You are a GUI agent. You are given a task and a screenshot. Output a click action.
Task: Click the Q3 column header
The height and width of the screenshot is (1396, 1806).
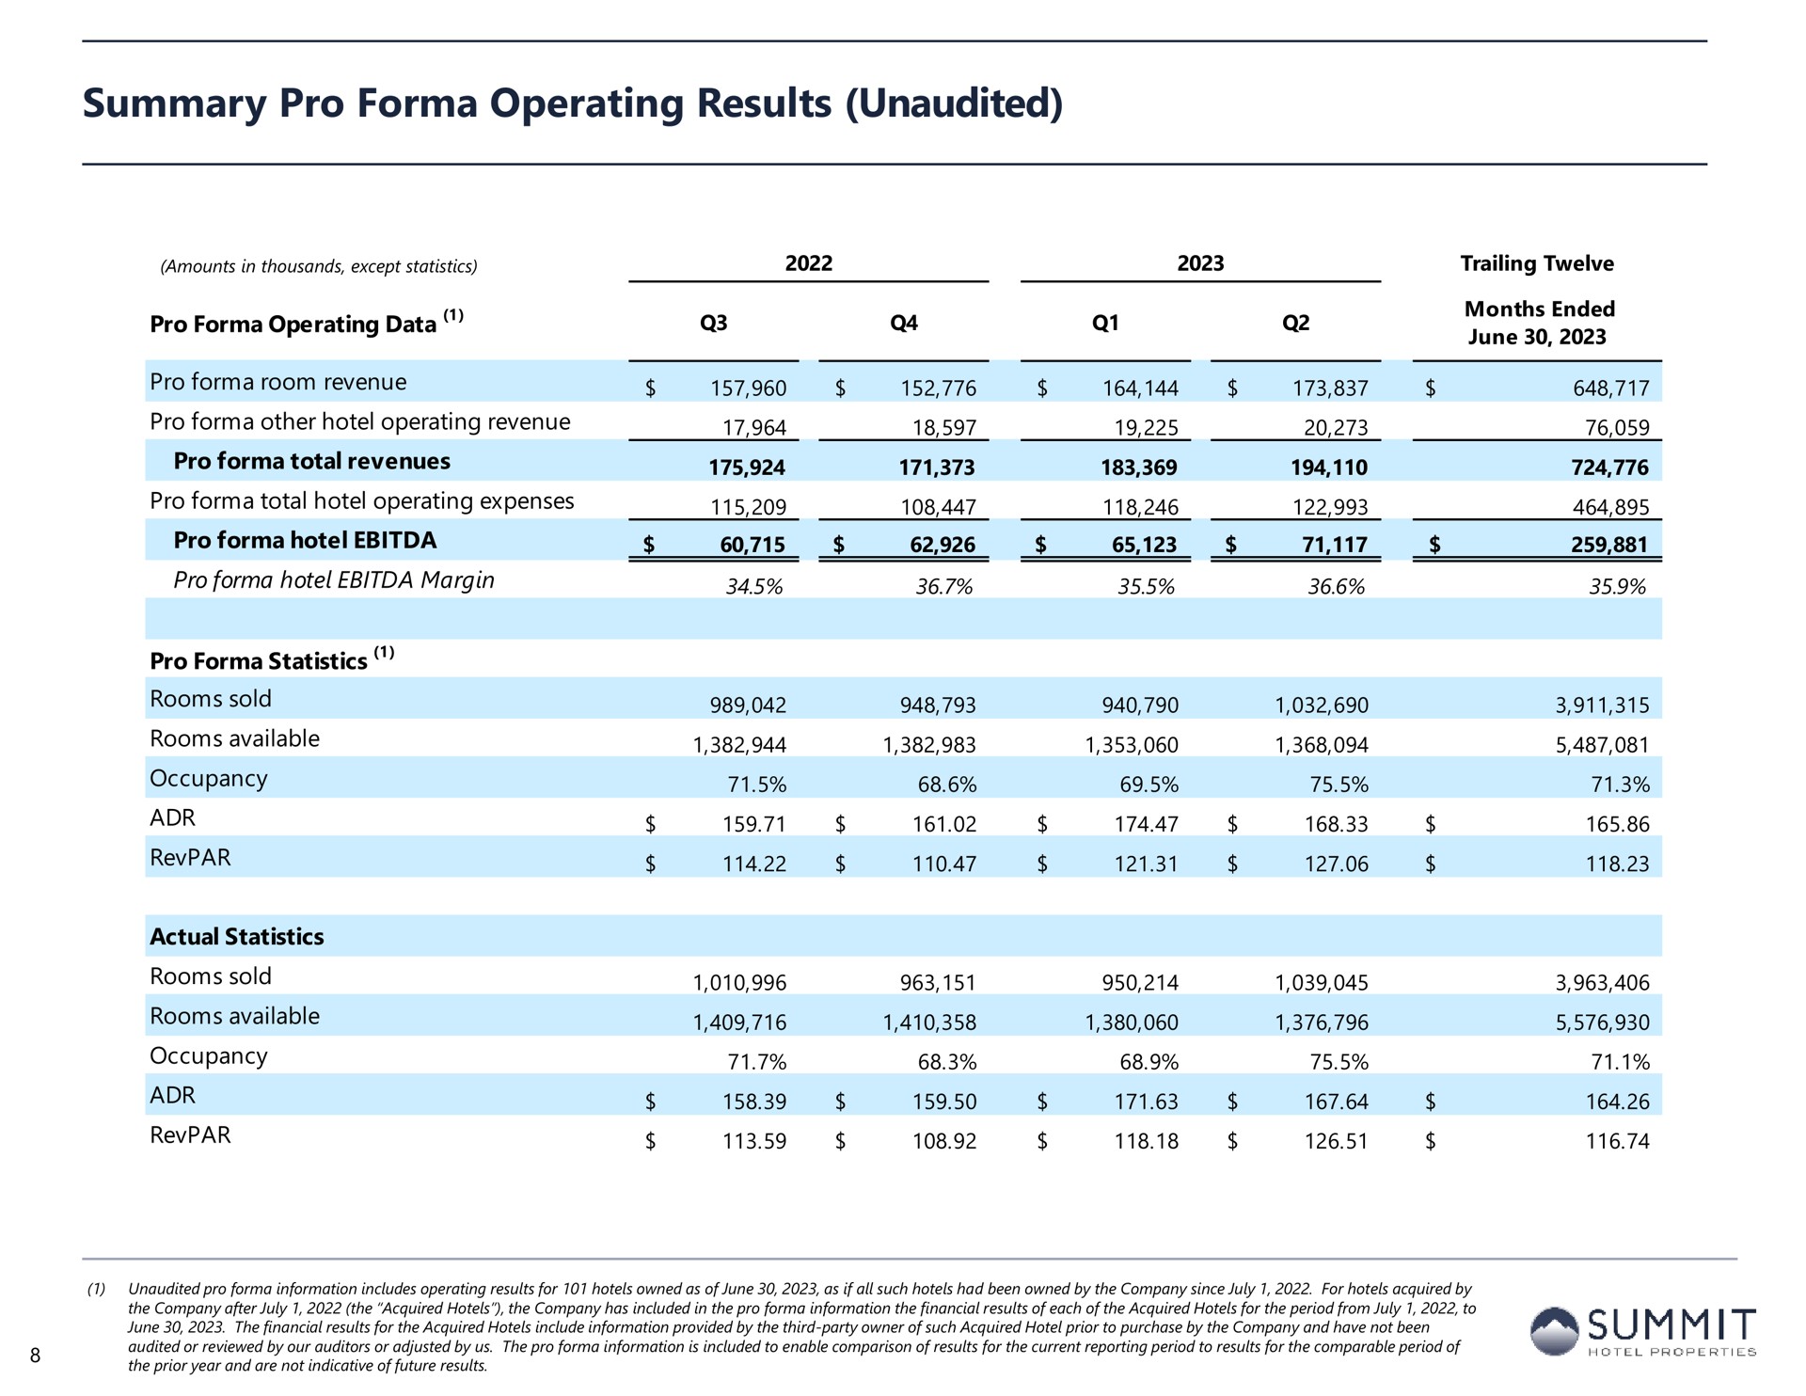pos(714,323)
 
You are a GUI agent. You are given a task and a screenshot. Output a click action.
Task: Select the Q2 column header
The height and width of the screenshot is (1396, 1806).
pos(1295,323)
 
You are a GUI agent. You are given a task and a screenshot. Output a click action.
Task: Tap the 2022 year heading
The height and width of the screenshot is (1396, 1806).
pos(809,263)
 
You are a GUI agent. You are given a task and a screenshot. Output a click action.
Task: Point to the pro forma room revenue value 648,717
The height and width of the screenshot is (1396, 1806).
pos(1611,389)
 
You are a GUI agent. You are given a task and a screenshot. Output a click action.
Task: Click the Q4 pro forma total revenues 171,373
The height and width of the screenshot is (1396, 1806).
pos(937,468)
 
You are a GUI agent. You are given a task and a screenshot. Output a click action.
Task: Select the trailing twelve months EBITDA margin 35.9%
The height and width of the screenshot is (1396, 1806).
pos(1618,587)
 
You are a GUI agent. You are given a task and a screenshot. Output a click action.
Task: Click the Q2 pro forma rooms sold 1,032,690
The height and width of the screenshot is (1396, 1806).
pos(1322,706)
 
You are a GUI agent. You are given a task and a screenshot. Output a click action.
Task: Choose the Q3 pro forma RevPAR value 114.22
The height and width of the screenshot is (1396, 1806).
pos(754,864)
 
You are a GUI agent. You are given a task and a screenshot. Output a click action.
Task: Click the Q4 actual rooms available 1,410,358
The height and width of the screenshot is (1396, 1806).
pos(929,1023)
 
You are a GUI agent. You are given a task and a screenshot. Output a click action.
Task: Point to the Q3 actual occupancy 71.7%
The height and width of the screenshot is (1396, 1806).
pos(756,1062)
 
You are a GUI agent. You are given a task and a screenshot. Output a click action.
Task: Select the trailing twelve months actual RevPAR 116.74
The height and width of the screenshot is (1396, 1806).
pos(1618,1141)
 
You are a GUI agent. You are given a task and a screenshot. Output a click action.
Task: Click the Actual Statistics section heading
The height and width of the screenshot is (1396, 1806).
pos(237,937)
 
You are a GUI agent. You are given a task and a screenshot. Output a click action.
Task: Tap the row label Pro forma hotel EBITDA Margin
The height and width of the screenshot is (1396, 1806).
pos(334,580)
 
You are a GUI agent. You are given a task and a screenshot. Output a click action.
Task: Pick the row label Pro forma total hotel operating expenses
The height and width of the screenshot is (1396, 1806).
pos(362,501)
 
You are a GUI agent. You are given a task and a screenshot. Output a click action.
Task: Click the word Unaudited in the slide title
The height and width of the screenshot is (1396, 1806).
pos(956,103)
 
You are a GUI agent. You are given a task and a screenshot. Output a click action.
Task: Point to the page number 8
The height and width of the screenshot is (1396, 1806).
pos(36,1356)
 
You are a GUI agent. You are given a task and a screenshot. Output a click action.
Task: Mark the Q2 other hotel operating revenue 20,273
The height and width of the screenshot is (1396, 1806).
pos(1336,428)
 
